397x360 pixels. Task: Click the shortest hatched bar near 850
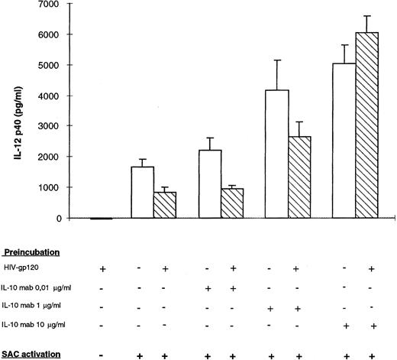point(168,205)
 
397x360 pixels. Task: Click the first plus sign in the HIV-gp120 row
point(102,269)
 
